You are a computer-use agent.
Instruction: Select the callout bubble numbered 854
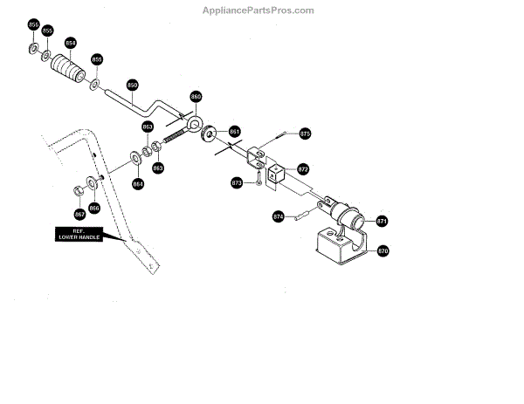[70, 43]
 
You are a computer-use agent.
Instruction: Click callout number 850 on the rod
[132, 86]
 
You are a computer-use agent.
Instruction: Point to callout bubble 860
[196, 97]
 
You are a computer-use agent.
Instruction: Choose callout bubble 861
[234, 132]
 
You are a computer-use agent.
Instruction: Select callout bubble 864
[137, 183]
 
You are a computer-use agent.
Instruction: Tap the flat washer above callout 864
[137, 157]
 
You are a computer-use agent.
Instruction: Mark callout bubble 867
[79, 214]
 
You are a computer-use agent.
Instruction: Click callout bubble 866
[94, 208]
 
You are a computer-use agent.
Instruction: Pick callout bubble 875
[305, 134]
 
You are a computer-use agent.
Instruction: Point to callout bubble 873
[237, 183]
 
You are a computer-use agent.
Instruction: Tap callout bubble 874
[279, 217]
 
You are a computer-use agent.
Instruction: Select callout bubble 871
[382, 222]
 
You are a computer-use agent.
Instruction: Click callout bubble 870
[382, 251]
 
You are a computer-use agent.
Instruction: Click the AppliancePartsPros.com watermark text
[259, 10]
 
